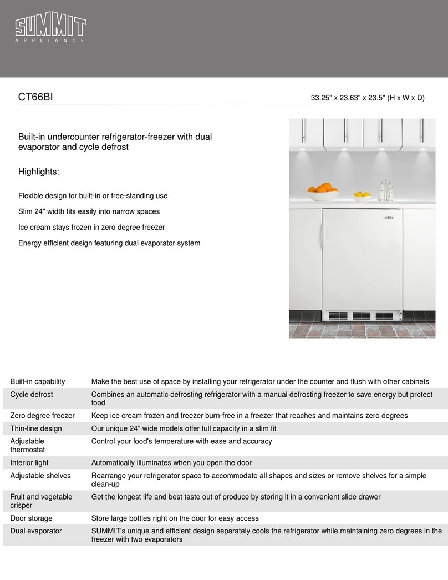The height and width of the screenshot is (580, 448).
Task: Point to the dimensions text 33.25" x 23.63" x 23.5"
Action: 367,98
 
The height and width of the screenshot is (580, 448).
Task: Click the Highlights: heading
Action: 38,172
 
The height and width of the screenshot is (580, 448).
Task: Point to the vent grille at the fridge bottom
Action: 361,316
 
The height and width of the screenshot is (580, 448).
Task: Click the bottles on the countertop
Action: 384,190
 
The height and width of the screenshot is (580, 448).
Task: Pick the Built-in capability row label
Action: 37,381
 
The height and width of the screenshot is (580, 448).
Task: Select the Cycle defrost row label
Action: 31,395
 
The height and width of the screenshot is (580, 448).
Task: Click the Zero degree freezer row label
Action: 42,416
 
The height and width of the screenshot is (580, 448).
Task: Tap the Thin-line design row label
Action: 35,428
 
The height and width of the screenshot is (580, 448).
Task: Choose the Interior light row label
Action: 29,463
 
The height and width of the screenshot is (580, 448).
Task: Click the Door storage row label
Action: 31,518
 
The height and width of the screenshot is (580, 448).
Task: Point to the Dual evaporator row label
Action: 35,531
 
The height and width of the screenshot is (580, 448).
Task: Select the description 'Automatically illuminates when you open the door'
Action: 171,463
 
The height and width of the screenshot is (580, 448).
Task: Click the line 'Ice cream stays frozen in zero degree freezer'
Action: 91,228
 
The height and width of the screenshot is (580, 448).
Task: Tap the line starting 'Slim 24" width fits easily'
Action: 89,211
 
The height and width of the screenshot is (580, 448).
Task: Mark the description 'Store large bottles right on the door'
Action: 175,518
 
